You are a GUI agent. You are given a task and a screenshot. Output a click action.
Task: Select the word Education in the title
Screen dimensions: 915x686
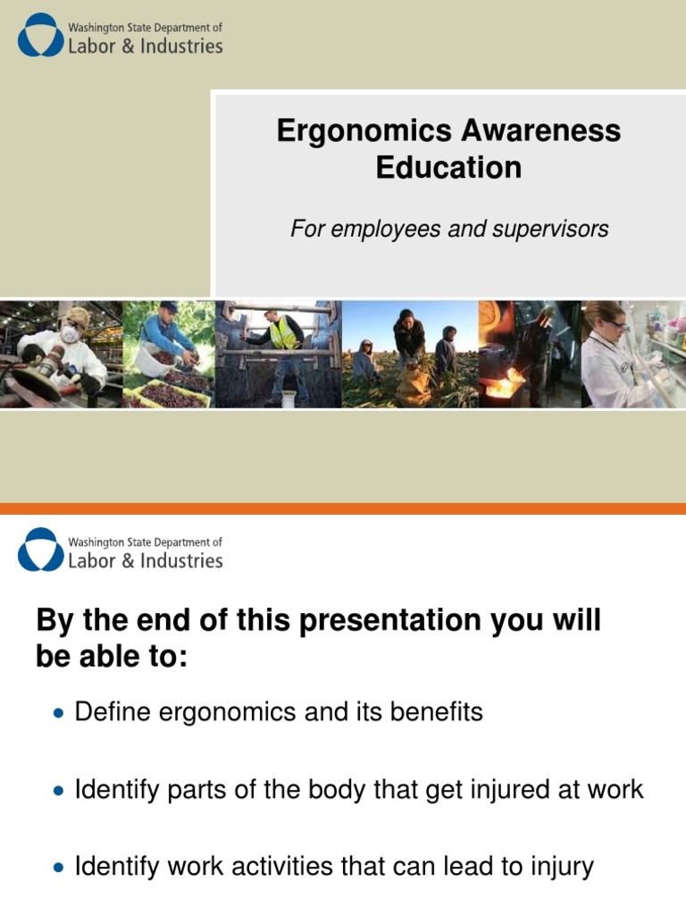(x=448, y=167)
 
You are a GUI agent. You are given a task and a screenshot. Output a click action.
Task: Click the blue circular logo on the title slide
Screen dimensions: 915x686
(x=40, y=35)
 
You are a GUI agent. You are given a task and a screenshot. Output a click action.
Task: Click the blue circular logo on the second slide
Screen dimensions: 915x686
(x=40, y=550)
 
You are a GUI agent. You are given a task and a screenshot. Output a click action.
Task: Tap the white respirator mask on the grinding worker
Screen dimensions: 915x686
(x=71, y=333)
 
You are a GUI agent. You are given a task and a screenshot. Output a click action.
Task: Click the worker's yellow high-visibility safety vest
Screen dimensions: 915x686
(x=284, y=335)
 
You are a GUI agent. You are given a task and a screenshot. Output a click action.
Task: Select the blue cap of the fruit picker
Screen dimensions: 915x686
(x=169, y=306)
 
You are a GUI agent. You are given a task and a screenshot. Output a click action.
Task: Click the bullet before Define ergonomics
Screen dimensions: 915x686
(x=59, y=714)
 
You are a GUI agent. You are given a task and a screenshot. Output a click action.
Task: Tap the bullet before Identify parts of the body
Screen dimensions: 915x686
(x=59, y=791)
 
